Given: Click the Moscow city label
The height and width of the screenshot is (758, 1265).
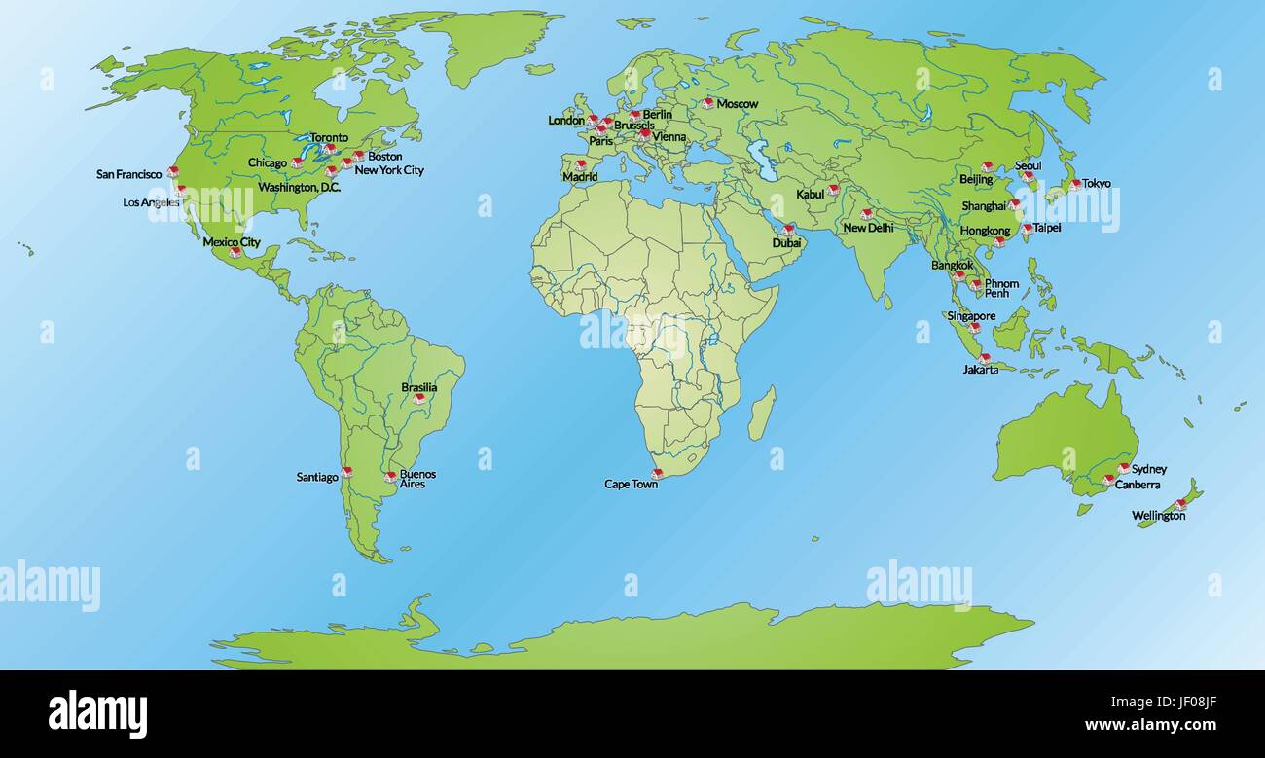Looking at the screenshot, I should coord(737,104).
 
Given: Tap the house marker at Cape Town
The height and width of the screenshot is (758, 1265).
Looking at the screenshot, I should coord(656,474).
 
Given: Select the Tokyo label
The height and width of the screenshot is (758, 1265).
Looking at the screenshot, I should coord(1096,183).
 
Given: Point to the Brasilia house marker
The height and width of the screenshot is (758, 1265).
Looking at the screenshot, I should coord(418,398).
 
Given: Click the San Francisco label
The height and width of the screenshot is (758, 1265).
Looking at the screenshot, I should coord(128,174).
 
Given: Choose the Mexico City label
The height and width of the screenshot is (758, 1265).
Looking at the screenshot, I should coord(231,241).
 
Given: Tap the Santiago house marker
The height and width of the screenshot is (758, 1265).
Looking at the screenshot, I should coord(346,472).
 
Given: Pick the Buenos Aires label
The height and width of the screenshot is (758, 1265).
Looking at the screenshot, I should coord(417,479).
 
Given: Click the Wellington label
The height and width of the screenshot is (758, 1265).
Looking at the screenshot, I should coord(1158,516).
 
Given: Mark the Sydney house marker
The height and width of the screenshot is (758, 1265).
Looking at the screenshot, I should coord(1123,469).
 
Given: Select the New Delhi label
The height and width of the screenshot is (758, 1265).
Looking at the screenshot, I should coord(868,228).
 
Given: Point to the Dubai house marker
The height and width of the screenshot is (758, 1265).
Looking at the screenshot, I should coord(787,230).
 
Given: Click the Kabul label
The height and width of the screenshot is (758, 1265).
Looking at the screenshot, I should coord(810,194).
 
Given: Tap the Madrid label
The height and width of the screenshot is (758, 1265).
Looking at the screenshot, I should coord(580,177).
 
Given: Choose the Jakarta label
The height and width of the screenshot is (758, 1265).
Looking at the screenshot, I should coord(980,370).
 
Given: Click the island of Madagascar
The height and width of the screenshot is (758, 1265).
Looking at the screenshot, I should coord(762,412).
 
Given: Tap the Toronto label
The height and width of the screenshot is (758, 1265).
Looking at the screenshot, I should coord(328,138).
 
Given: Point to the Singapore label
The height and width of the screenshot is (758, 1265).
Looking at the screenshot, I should coord(971,316).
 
